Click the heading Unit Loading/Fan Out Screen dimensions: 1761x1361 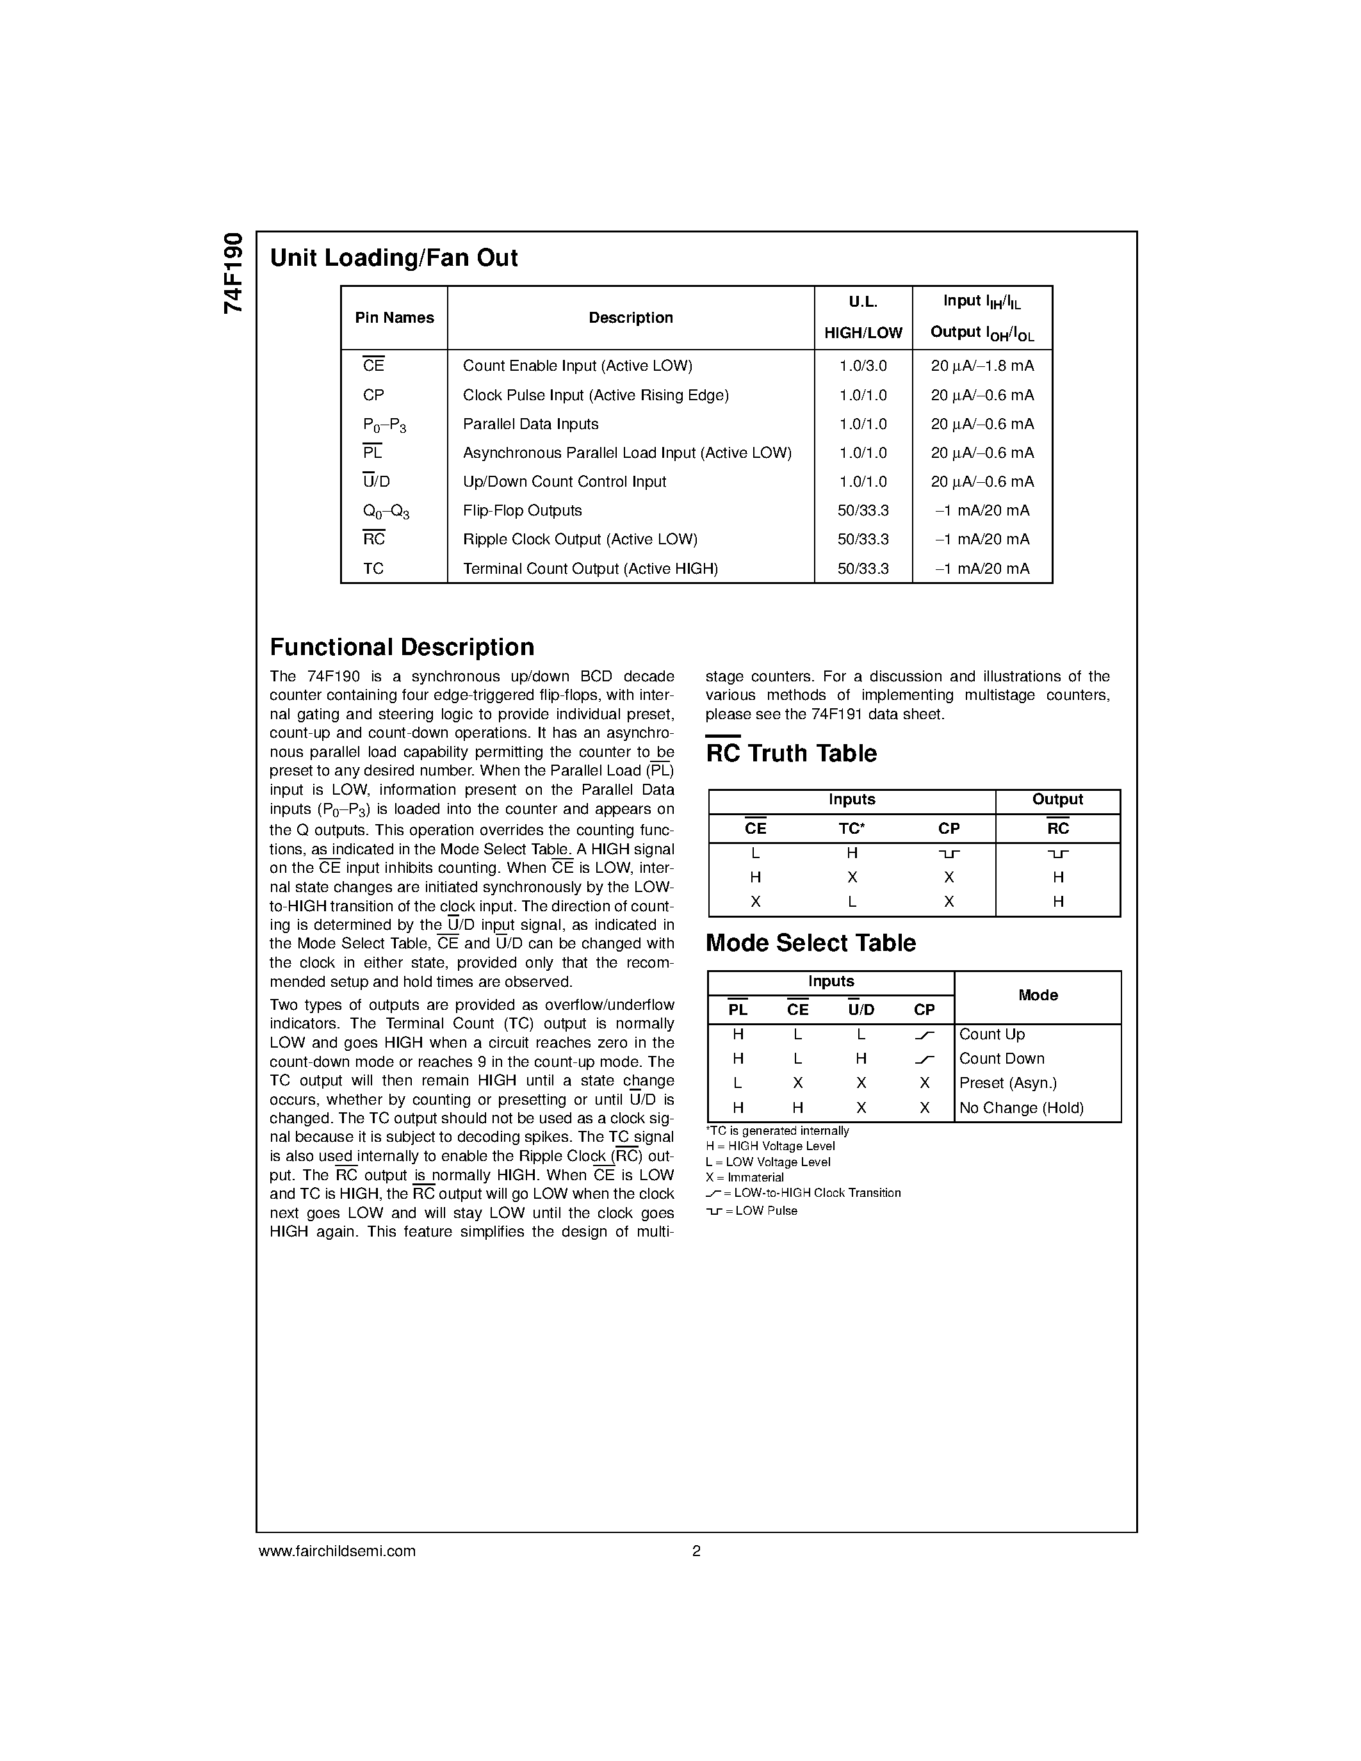click(x=393, y=258)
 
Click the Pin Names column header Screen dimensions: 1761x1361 click(x=395, y=318)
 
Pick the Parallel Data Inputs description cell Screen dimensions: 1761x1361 click(x=530, y=424)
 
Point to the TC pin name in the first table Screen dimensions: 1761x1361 click(x=373, y=569)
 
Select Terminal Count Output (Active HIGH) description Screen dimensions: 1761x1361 click(x=591, y=569)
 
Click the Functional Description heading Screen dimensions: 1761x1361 click(x=402, y=647)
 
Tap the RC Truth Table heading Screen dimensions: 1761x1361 click(x=791, y=754)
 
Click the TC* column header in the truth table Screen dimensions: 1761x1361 click(x=851, y=829)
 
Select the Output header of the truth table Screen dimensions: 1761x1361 click(x=1057, y=800)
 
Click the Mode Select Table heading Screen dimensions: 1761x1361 click(x=810, y=943)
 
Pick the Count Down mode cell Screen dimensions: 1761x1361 click(x=1002, y=1059)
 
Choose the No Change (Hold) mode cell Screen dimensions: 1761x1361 click(x=1021, y=1108)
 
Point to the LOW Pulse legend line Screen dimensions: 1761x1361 click(x=751, y=1211)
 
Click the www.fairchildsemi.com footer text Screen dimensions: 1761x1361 click(x=337, y=1552)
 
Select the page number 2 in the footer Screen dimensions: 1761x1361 click(x=696, y=1552)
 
